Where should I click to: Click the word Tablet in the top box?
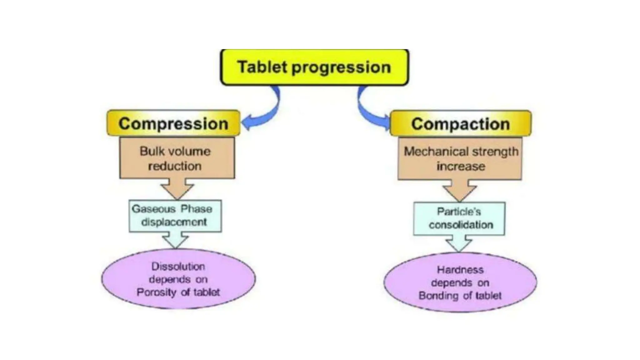[x=262, y=67]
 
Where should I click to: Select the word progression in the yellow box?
[x=341, y=67]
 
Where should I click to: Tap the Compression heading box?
[x=173, y=123]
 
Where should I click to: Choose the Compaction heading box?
[x=460, y=124]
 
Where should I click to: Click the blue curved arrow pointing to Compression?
[x=266, y=112]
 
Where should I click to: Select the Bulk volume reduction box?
[x=177, y=158]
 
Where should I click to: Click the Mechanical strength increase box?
[x=460, y=159]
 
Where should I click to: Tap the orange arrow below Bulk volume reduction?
[x=177, y=188]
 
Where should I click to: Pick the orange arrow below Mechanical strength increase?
[x=459, y=190]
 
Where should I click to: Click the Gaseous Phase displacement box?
[x=175, y=216]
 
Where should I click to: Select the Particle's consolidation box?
[x=459, y=218]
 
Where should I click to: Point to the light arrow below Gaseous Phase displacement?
[x=176, y=240]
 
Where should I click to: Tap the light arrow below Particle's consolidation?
[x=458, y=243]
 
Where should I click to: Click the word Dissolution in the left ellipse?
[x=178, y=266]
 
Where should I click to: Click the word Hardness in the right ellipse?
[x=460, y=270]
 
